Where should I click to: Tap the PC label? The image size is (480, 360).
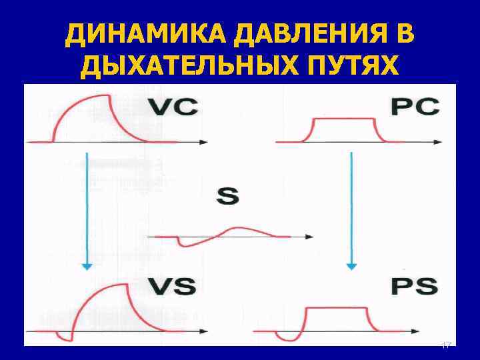tap(414, 108)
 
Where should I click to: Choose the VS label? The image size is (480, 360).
tap(171, 287)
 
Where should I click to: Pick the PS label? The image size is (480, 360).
tap(414, 287)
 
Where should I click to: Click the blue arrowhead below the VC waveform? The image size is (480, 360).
tap(86, 265)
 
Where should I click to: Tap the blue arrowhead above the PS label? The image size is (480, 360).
tap(351, 265)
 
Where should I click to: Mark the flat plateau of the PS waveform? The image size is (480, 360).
tap(337, 308)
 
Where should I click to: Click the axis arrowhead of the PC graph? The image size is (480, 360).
tap(437, 142)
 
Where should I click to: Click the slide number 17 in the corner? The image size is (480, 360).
tap(447, 345)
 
